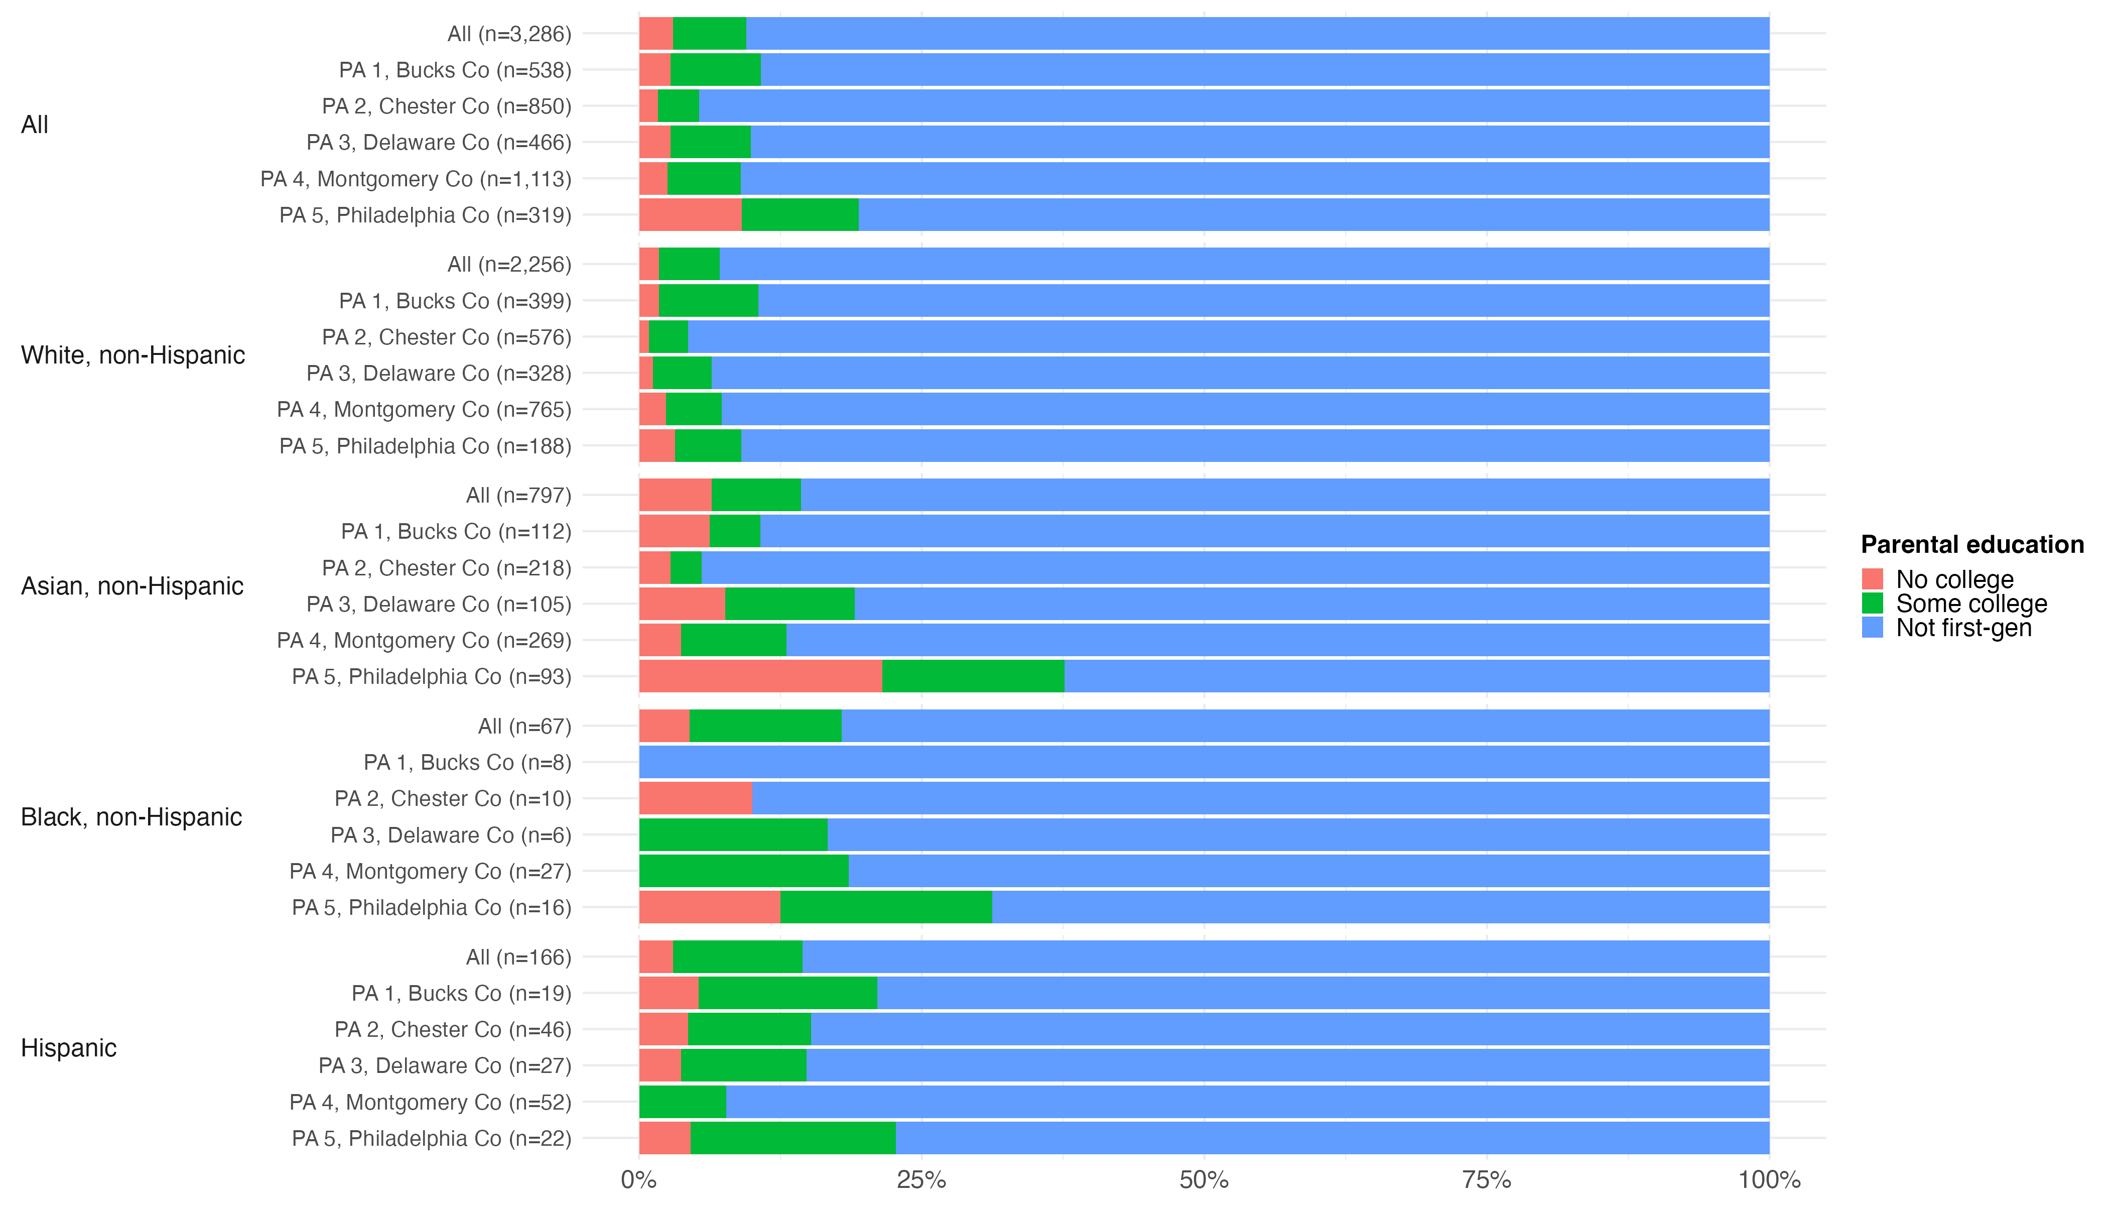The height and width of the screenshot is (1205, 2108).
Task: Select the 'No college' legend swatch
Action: coord(1872,578)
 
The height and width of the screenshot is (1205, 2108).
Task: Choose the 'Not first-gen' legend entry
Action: coord(1963,628)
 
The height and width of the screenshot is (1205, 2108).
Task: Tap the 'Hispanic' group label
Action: coord(69,1048)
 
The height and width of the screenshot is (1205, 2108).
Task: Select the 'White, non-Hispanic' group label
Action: coord(133,355)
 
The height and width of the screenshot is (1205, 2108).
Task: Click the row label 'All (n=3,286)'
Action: coord(509,34)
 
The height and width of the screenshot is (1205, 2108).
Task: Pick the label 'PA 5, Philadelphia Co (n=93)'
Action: coord(432,677)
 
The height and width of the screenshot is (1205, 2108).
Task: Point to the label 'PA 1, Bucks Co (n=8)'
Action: coord(467,762)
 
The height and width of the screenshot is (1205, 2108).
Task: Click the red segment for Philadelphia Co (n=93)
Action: coord(760,676)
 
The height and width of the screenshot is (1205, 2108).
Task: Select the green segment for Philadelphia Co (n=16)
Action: coord(885,907)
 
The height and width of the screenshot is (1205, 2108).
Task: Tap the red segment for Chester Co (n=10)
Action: coord(696,799)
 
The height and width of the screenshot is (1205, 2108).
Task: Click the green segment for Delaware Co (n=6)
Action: coord(733,835)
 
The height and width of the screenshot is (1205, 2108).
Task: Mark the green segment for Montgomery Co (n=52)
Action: coord(683,1103)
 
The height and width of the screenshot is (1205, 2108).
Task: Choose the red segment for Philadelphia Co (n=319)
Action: coord(690,215)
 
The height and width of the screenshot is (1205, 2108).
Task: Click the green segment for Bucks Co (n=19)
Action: coord(787,993)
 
